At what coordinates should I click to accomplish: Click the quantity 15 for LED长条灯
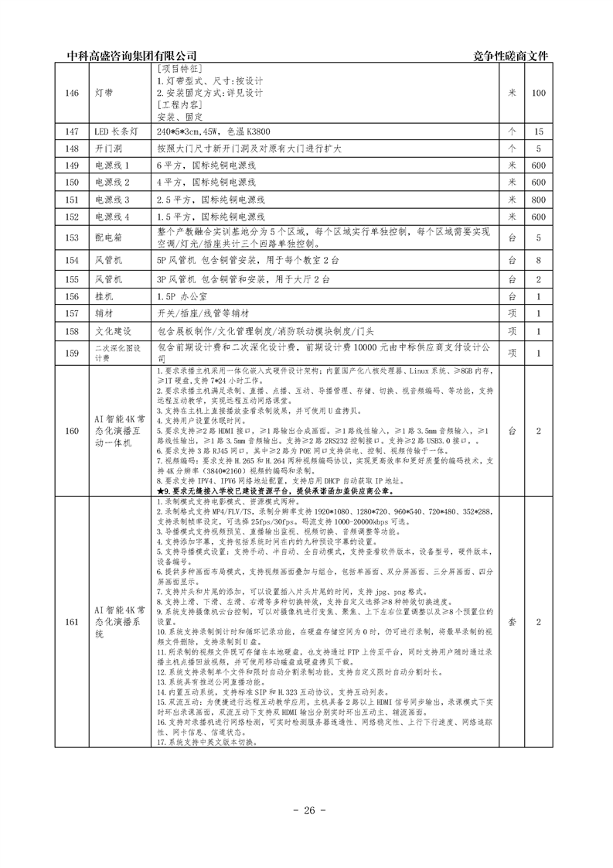pos(539,132)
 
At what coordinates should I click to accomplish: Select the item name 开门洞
pos(106,149)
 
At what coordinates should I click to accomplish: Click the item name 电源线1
pos(111,166)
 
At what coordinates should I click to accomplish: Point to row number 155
pos(72,279)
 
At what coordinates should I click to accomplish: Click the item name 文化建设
pos(111,330)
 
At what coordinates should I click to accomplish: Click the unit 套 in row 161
pos(511,622)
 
